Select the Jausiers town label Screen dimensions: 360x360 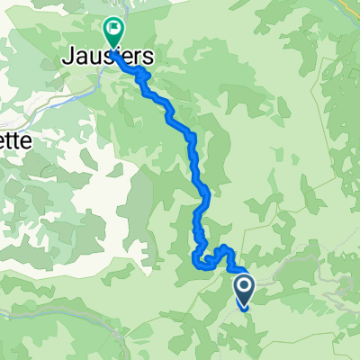coord(108,56)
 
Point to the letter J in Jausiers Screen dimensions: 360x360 coord(67,57)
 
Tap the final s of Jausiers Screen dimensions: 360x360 coord(148,57)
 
